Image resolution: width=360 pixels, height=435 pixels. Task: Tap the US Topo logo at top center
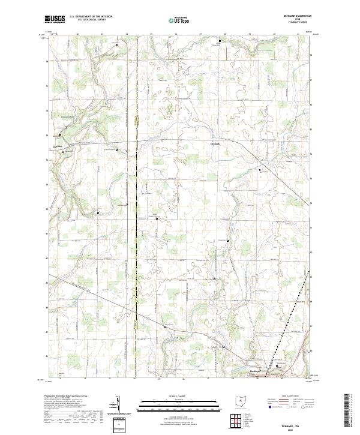pos(179,20)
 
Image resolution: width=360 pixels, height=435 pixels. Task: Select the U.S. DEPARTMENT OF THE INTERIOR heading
pos(91,17)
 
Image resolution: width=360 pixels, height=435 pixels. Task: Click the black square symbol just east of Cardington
pos(277,365)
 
